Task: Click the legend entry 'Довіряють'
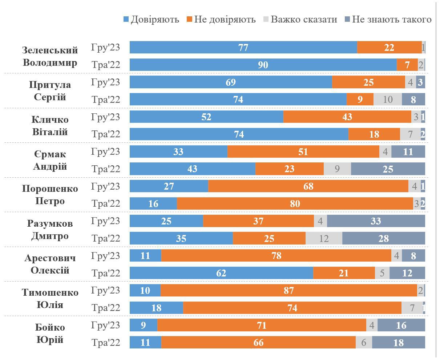point(151,19)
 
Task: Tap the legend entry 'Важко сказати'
point(300,19)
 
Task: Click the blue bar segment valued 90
point(263,65)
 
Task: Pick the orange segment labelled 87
point(289,291)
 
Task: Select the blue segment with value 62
point(221,273)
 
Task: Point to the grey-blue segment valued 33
point(376,221)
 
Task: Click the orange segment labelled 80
point(295,204)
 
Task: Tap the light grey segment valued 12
point(324,239)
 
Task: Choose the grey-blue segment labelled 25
point(388,169)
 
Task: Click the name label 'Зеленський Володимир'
point(50,56)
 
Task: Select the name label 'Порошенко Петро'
point(50,195)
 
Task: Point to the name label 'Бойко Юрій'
point(50,333)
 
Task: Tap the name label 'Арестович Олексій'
point(50,264)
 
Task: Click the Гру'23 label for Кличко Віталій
point(105,117)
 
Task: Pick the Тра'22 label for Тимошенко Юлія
point(105,308)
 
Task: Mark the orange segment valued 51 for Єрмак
point(303,152)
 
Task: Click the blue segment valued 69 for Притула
point(231,82)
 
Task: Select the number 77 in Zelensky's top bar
point(243,48)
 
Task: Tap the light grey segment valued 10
point(388,100)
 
